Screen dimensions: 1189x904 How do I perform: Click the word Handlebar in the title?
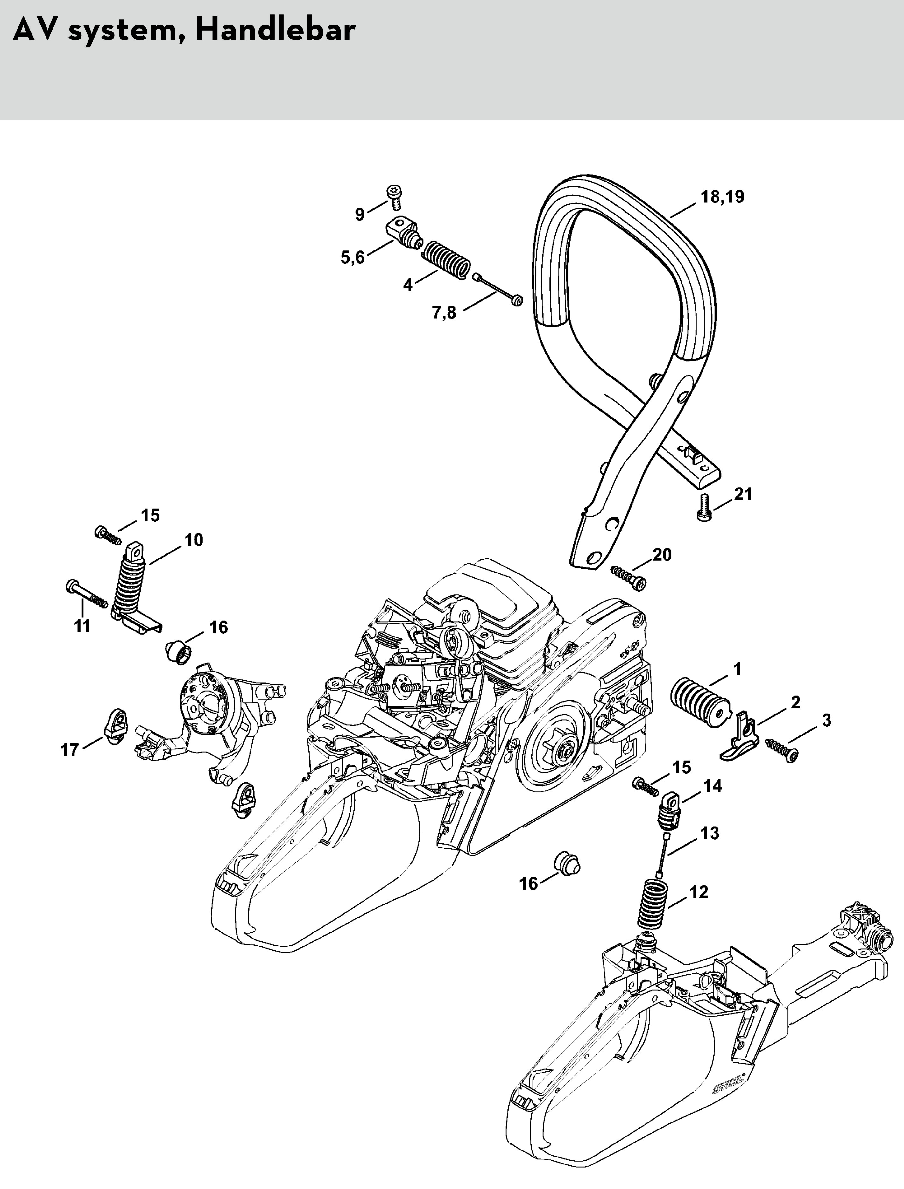click(x=275, y=31)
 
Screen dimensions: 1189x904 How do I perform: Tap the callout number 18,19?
click(x=722, y=197)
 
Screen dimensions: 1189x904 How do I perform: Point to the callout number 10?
click(x=194, y=540)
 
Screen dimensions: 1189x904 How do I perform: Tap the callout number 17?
click(x=69, y=749)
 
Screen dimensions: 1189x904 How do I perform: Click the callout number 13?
click(x=710, y=834)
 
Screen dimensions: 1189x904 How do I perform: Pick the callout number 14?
click(x=712, y=787)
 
